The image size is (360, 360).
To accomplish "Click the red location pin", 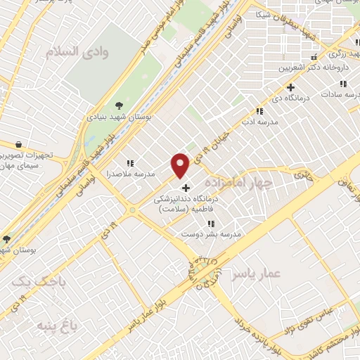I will click(181, 165).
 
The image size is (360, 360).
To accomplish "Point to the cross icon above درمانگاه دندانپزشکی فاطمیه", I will click(186, 188).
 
